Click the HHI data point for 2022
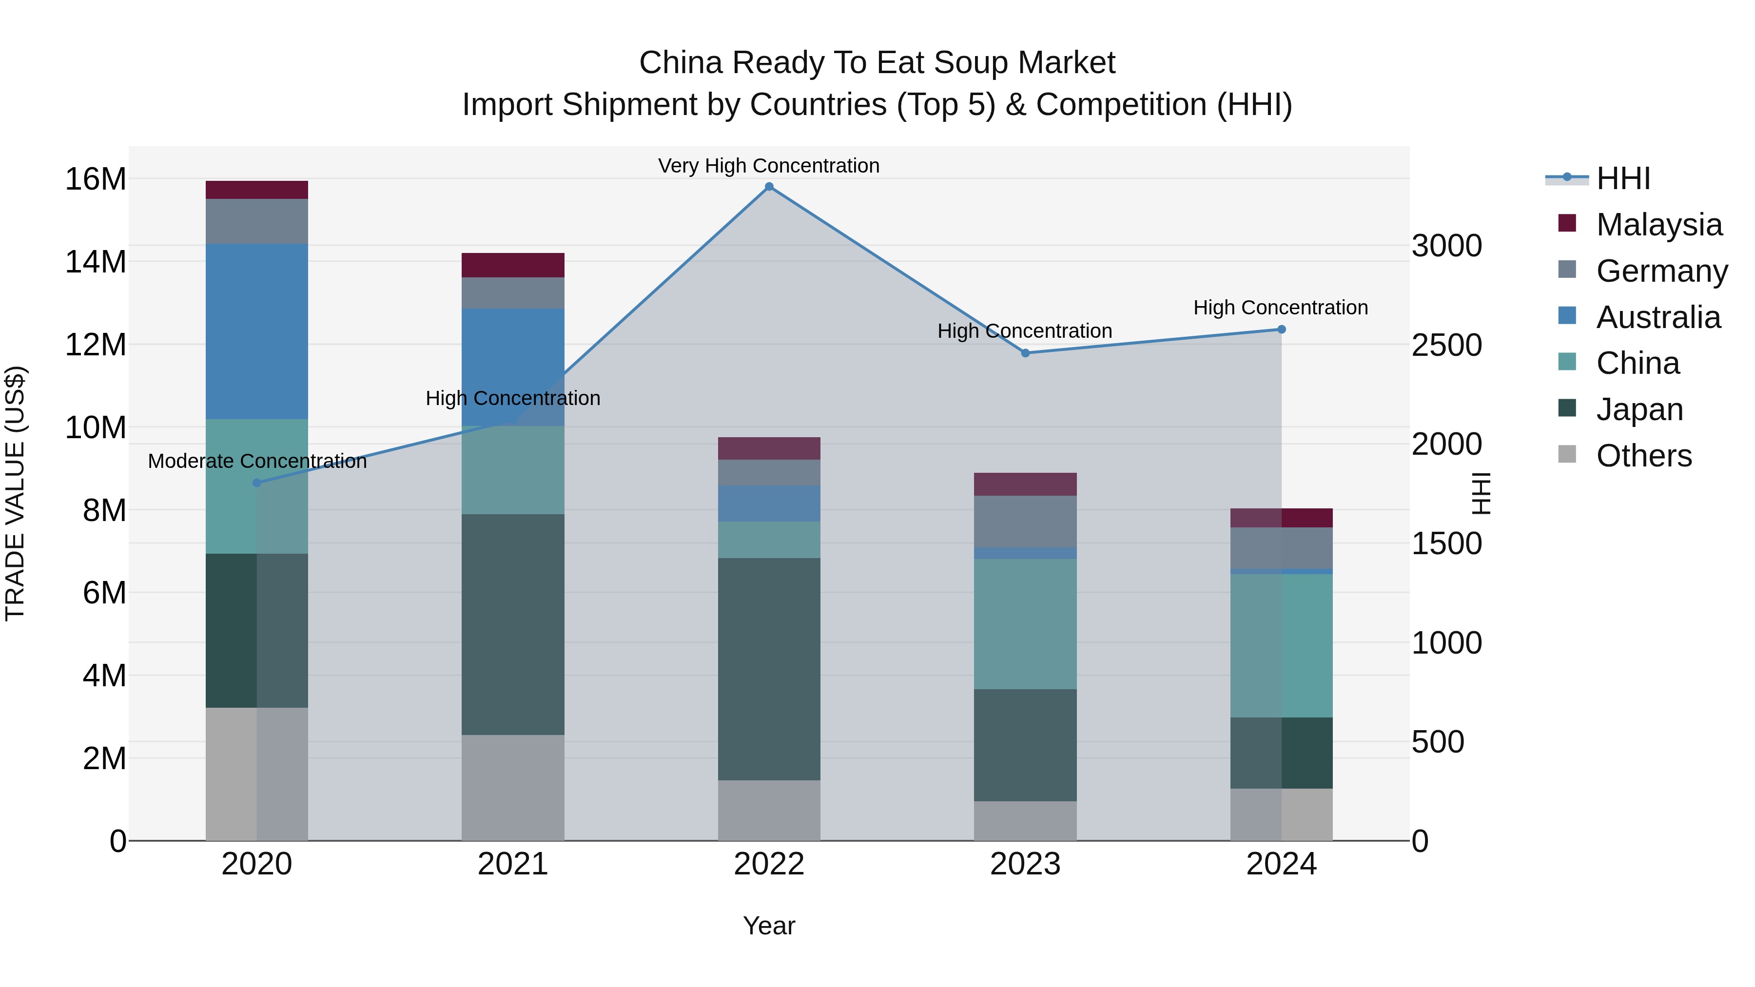point(769,187)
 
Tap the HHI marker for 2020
point(257,483)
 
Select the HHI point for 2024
point(1282,329)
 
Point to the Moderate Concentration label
point(257,461)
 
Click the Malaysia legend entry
point(1658,224)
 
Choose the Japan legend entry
point(1639,409)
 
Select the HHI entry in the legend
point(1623,178)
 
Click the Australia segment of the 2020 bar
point(257,332)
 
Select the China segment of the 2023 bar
point(1025,624)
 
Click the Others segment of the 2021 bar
point(513,788)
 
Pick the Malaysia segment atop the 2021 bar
point(513,265)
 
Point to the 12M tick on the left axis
point(96,345)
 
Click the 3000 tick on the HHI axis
point(1446,246)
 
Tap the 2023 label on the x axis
point(1025,864)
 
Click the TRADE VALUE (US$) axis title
point(15,493)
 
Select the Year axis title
point(769,926)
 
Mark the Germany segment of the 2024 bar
point(1282,548)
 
